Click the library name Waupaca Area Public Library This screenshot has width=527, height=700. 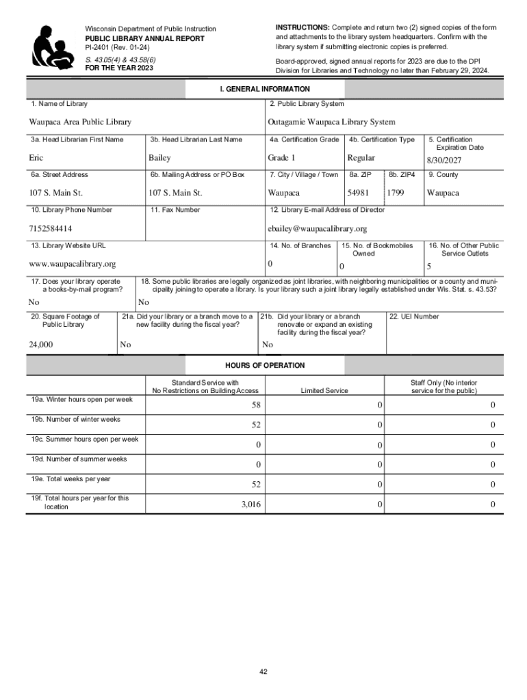coord(80,122)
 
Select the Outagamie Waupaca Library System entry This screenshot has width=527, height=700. coord(331,122)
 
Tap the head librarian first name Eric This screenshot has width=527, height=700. coord(36,157)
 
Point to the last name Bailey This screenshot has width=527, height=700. coord(159,157)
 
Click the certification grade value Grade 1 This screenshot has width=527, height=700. coord(281,157)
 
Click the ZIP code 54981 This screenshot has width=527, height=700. coord(358,193)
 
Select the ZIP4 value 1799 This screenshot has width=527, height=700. coord(396,193)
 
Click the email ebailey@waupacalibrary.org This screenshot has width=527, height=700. coord(318,228)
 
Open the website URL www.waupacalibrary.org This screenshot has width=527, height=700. coord(72,264)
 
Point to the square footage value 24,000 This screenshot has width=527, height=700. coord(41,345)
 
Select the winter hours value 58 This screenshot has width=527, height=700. coord(255,406)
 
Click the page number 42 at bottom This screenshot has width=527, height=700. coord(263,672)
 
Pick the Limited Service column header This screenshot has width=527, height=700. coord(324,391)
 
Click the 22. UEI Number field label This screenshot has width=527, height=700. coord(413,317)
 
